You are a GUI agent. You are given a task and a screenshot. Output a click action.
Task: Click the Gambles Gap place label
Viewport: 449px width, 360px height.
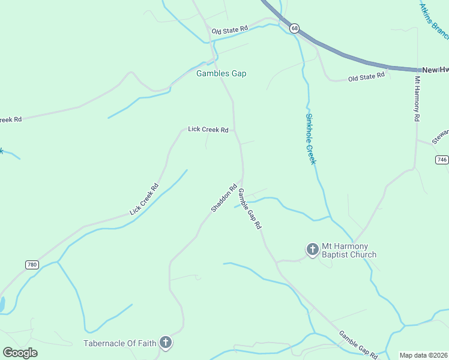click(x=221, y=73)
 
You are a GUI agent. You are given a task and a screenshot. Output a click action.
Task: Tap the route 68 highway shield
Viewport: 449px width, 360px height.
click(x=294, y=28)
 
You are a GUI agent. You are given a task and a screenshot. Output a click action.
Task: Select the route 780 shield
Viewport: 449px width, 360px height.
click(x=32, y=265)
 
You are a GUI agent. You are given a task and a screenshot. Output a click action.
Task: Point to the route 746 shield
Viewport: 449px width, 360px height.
click(x=442, y=159)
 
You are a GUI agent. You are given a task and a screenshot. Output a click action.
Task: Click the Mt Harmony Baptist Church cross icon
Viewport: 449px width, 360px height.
click(x=312, y=249)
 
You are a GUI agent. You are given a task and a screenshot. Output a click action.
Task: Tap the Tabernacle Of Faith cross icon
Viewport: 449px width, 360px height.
click(x=166, y=343)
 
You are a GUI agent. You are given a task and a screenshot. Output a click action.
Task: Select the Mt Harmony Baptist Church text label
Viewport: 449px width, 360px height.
click(x=349, y=250)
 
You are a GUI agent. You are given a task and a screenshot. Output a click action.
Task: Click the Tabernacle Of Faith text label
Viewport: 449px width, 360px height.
click(x=120, y=343)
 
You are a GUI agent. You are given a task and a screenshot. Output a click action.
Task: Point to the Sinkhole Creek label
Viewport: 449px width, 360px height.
click(x=310, y=139)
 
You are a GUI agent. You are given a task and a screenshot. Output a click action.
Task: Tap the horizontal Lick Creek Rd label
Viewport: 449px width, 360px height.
click(x=208, y=129)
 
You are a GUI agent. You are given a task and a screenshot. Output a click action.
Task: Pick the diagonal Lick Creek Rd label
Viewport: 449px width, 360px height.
click(x=144, y=199)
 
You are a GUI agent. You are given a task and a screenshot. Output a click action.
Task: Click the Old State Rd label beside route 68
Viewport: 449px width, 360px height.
click(x=229, y=29)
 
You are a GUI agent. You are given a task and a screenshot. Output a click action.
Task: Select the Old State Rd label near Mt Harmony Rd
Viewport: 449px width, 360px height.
click(x=366, y=77)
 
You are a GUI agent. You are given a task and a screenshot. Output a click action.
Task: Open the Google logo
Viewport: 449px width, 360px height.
click(x=20, y=353)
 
